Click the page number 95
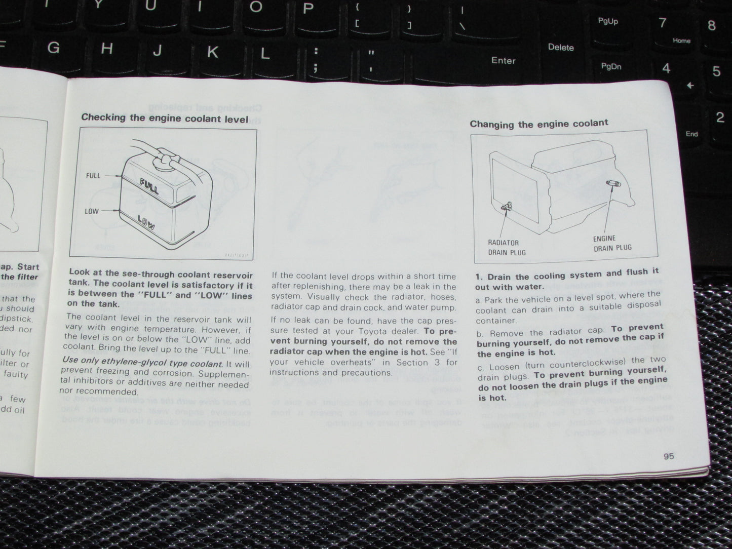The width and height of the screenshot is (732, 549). click(668, 456)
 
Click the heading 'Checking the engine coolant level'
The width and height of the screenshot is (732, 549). click(165, 118)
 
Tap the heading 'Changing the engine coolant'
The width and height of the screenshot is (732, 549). click(538, 124)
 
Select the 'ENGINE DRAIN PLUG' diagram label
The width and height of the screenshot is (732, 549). click(612, 243)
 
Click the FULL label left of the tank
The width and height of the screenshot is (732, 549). click(93, 176)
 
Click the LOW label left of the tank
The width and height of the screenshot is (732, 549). click(92, 211)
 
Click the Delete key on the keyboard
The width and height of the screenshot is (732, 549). click(560, 48)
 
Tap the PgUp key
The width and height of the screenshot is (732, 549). click(607, 21)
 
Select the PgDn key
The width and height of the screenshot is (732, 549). click(611, 66)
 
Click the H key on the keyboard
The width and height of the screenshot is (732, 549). click(106, 49)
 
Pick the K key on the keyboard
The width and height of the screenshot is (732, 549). click(213, 52)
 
